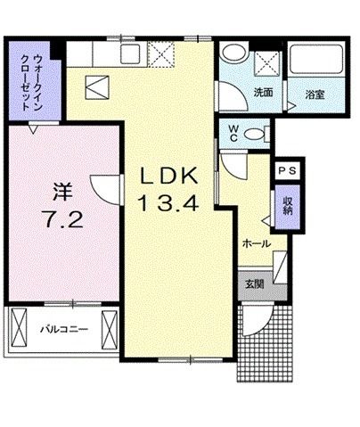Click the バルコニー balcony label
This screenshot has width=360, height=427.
(63, 329)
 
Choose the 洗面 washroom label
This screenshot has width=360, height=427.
(263, 92)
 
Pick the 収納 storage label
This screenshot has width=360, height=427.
(287, 207)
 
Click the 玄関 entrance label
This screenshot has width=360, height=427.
(254, 284)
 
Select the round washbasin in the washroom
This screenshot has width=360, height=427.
(234, 53)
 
